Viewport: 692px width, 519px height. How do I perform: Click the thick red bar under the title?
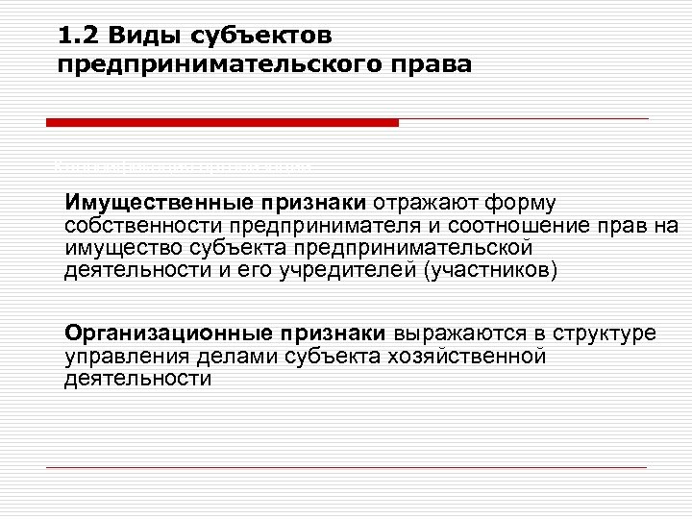[x=222, y=123]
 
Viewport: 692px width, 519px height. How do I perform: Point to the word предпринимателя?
[x=314, y=226]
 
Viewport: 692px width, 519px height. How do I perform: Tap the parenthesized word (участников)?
[x=489, y=270]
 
